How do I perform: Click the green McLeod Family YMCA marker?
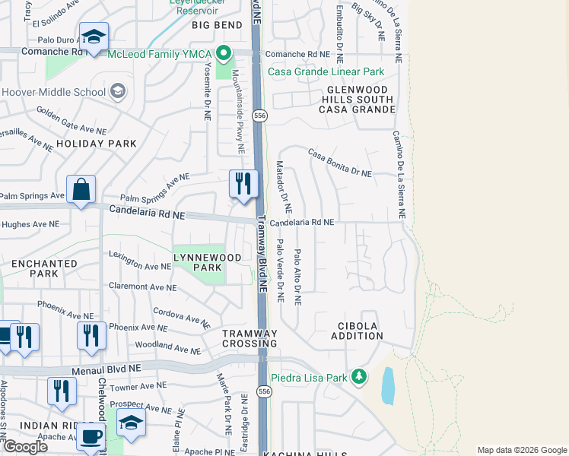[x=223, y=54]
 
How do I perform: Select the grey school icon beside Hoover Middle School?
[x=117, y=92]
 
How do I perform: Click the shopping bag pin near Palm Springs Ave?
[x=81, y=189]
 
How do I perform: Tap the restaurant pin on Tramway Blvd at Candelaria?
[x=243, y=184]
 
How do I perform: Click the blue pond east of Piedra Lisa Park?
[x=387, y=386]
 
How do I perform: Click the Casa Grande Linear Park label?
[x=325, y=72]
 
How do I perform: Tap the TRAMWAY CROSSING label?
[x=250, y=339]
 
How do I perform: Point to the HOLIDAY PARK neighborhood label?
[x=96, y=143]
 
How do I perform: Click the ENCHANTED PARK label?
[x=44, y=269]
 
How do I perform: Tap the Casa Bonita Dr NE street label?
[x=339, y=163]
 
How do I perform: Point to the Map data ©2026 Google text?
[x=521, y=450]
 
